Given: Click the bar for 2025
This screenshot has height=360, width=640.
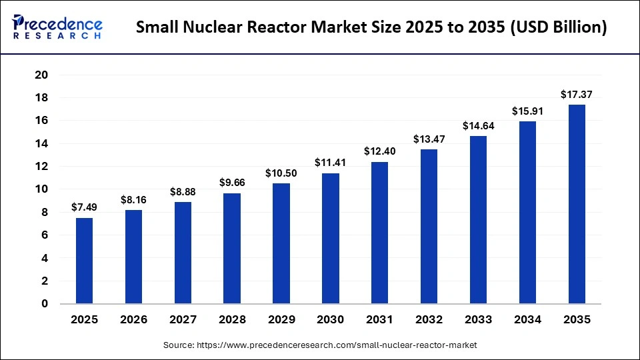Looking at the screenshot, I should point(84,261).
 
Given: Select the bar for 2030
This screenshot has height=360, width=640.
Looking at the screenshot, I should point(330,239).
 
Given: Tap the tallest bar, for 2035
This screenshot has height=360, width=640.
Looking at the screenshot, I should point(577,204).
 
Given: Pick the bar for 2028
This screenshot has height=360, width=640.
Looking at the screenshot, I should point(232,249).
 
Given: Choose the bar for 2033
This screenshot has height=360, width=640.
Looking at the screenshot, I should point(478,220).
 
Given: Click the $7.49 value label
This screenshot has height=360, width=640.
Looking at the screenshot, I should point(84,208).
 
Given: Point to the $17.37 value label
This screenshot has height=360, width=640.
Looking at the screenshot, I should point(577,95).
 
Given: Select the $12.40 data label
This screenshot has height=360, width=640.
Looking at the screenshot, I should point(379,151).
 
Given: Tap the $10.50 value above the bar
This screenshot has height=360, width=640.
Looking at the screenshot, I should point(281,173).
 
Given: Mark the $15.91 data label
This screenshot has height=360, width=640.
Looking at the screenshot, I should point(527,111).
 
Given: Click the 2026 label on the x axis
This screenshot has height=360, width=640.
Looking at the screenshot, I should point(133,320).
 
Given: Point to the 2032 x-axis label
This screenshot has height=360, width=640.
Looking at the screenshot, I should point(429,320).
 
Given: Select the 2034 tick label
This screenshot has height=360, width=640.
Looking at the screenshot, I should point(527,320).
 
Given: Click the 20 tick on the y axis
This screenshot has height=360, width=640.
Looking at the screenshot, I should point(41,75).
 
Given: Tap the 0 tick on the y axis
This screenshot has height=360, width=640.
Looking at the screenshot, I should point(44,304).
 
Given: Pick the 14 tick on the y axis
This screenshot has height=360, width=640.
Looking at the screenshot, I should point(41,143).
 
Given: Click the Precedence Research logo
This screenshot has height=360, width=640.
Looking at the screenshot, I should point(57,27).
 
